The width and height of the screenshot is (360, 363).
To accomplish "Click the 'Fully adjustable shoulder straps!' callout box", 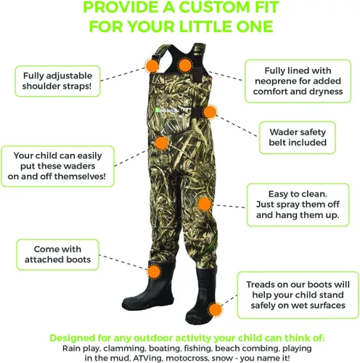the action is click(x=57, y=81).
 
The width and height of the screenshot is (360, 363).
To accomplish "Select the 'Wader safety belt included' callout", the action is click(x=298, y=137).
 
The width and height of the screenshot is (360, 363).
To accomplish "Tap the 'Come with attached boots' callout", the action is click(x=57, y=254).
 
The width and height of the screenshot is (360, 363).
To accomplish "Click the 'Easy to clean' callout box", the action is click(x=298, y=205).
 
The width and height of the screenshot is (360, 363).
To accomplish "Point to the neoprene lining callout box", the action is click(x=298, y=81).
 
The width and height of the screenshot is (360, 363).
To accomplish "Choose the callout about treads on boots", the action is click(x=298, y=295).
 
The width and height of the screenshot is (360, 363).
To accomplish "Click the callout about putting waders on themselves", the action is click(x=57, y=166).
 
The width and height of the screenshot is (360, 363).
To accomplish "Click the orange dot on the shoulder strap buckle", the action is click(x=152, y=65).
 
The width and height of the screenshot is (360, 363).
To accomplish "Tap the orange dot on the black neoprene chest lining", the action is click(x=185, y=65).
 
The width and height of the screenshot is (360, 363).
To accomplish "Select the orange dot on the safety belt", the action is click(x=210, y=112).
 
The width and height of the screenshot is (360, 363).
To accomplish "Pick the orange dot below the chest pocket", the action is click(x=161, y=143).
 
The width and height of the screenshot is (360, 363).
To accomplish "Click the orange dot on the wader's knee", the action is click(x=205, y=204).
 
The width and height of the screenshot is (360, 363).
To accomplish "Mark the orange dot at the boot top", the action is click(x=154, y=272).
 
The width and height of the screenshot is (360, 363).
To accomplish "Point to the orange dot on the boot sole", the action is click(x=215, y=309).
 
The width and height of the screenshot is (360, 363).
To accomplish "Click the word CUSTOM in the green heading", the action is click(x=214, y=7).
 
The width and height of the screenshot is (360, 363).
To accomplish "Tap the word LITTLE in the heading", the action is click(x=205, y=26).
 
